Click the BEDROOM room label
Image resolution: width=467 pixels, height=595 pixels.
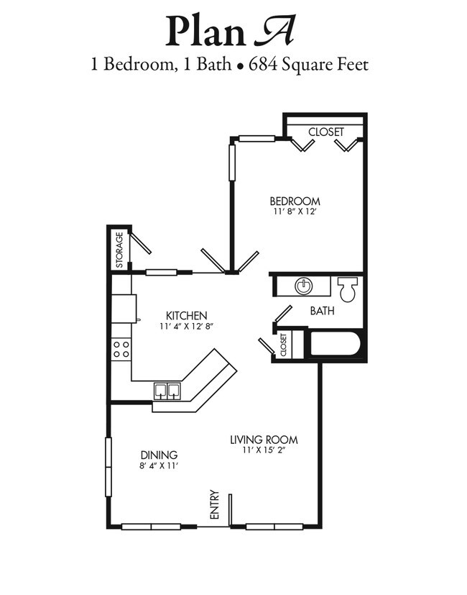click(x=295, y=201)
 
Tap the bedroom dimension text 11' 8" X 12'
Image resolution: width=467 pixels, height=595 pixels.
click(x=295, y=212)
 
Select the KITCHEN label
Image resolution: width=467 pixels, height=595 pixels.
click(x=187, y=315)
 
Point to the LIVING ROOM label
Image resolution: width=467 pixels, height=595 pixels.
click(x=264, y=440)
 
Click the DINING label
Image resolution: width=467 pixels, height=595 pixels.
click(x=159, y=455)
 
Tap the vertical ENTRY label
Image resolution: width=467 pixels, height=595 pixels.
click(x=214, y=505)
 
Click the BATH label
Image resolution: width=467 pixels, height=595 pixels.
click(x=321, y=311)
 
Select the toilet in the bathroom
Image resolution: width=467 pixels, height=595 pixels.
click(x=348, y=289)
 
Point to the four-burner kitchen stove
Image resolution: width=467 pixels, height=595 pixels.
click(x=121, y=350)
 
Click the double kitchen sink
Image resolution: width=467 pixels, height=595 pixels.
click(x=167, y=390)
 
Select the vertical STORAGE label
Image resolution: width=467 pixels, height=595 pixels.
click(x=119, y=248)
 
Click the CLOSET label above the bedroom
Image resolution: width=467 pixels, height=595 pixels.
click(x=325, y=132)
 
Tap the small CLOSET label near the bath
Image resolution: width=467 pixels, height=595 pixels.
click(x=285, y=344)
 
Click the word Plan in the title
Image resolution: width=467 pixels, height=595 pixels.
click(x=196, y=31)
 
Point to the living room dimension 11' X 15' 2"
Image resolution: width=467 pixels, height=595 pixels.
click(x=264, y=450)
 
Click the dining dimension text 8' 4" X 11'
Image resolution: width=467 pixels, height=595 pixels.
click(x=159, y=465)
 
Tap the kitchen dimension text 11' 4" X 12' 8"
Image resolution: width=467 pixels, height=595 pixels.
click(x=187, y=326)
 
